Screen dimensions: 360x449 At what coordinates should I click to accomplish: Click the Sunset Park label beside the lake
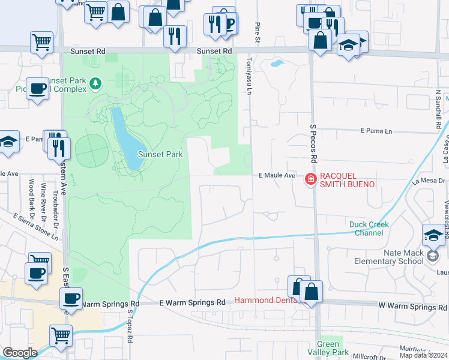click(160, 154)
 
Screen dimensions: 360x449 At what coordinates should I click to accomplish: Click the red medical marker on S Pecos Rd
click(310, 179)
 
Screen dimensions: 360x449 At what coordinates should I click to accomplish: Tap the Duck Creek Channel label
click(369, 229)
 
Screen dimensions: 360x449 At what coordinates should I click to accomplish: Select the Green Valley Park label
click(328, 348)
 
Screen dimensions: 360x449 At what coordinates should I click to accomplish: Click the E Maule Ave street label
click(277, 175)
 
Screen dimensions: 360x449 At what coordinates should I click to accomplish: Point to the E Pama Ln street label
click(376, 130)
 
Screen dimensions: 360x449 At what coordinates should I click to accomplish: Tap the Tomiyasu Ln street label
click(247, 76)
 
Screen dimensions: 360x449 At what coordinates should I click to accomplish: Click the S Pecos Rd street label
click(313, 144)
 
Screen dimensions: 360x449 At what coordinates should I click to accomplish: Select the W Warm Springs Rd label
click(412, 307)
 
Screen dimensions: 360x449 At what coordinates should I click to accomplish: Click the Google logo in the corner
click(19, 353)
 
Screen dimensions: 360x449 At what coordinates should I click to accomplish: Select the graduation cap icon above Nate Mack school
click(433, 235)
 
